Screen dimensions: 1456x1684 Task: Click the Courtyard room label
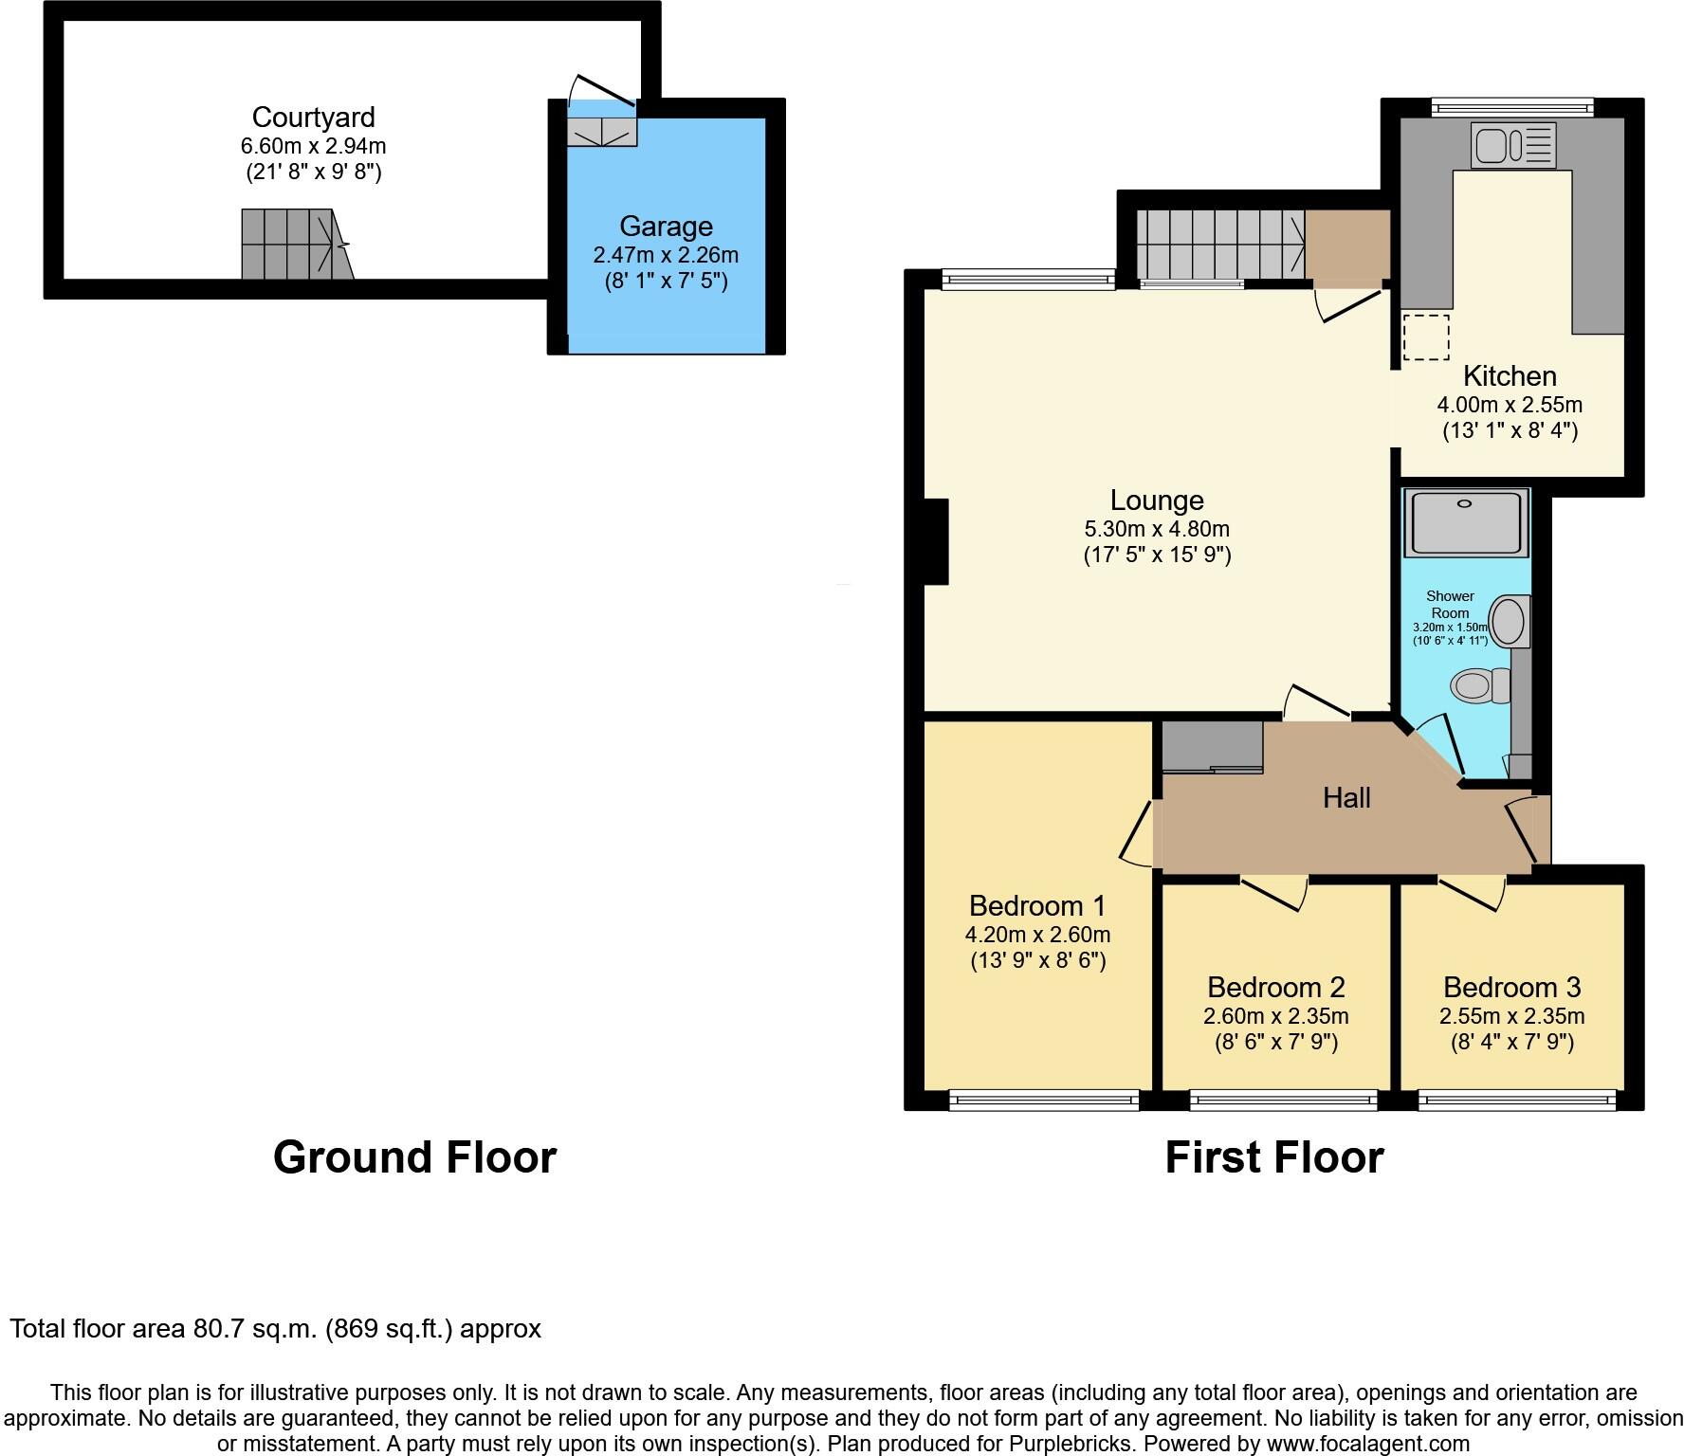313,118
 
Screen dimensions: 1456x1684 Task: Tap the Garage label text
666,227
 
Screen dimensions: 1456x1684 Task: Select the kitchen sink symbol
1512,145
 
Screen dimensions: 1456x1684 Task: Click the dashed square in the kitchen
1426,337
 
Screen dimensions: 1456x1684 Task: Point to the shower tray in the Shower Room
1465,522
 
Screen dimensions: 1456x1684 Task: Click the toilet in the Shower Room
1480,684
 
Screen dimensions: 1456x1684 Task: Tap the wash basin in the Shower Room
1508,622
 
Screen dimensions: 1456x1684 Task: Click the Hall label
1346,798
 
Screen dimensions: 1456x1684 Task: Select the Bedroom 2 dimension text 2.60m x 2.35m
1275,1016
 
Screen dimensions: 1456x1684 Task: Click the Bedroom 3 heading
1511,988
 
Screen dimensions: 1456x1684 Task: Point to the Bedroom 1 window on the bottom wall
1043,1101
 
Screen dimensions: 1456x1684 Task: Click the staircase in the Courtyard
294,245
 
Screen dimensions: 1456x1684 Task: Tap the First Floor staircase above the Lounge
1218,244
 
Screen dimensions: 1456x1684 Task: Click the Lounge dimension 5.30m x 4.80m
1157,529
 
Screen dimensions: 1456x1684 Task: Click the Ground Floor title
414,1157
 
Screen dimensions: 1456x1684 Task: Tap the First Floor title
1273,1157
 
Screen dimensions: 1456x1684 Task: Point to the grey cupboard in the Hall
1213,747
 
